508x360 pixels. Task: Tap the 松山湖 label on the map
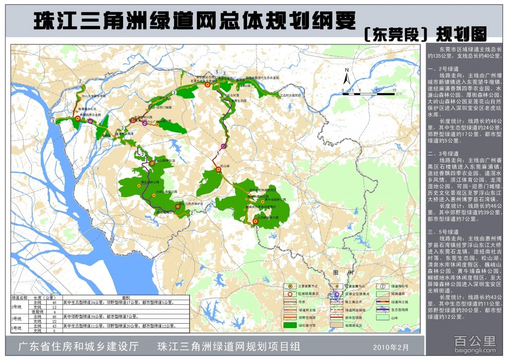pyautogui.click(x=219, y=160)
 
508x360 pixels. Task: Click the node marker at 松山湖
pyautogui.click(x=218, y=169)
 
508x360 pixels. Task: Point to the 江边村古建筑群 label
pyautogui.click(x=291, y=95)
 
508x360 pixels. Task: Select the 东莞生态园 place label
pyautogui.click(x=238, y=100)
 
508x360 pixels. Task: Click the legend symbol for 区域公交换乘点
pyautogui.click(x=336, y=294)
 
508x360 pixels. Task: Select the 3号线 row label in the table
pyautogui.click(x=17, y=318)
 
